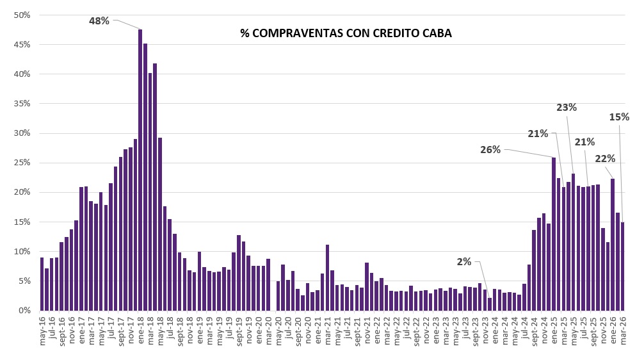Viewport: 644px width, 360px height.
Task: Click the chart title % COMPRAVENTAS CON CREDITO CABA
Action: point(346,33)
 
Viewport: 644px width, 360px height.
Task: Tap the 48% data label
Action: point(99,21)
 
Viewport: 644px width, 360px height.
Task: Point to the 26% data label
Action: point(490,149)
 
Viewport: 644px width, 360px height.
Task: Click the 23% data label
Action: point(567,108)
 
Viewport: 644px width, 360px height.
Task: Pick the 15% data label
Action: point(619,117)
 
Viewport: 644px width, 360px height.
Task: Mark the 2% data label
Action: point(464,261)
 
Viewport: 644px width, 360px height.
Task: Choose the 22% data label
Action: point(605,158)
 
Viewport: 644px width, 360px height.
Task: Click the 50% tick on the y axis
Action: point(22,15)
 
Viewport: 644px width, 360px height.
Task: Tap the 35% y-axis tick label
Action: point(22,104)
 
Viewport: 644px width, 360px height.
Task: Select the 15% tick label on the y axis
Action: point(22,222)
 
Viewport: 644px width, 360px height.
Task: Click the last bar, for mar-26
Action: point(623,266)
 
